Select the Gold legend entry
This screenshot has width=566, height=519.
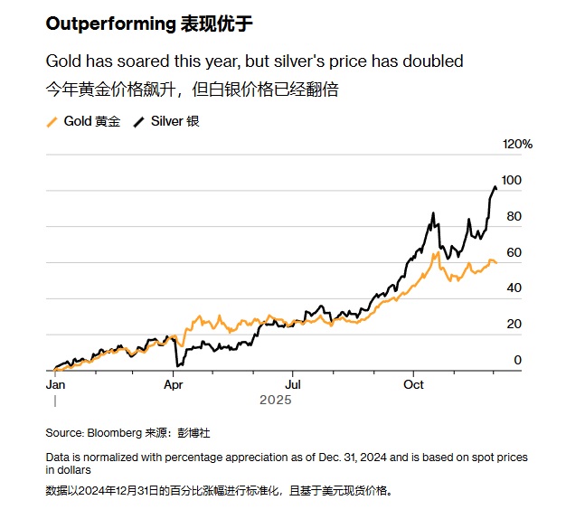pyautogui.click(x=90, y=120)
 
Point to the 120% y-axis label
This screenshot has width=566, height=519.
pyautogui.click(x=518, y=145)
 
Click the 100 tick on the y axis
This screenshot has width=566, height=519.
pyautogui.click(x=512, y=181)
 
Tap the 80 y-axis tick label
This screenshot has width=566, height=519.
pyautogui.click(x=514, y=217)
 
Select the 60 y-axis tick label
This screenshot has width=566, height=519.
pyautogui.click(x=514, y=252)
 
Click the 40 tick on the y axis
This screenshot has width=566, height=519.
pyautogui.click(x=514, y=288)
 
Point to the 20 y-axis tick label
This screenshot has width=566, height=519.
pyautogui.click(x=514, y=325)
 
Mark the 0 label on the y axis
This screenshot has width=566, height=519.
pyautogui.click(x=517, y=361)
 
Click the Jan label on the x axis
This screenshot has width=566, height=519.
pyautogui.click(x=55, y=384)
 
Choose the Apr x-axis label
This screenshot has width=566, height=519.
pyautogui.click(x=175, y=384)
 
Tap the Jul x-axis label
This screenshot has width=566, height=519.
pyautogui.click(x=293, y=384)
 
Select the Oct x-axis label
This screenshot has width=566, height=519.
pyautogui.click(x=413, y=384)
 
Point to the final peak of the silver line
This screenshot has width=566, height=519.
pyautogui.click(x=495, y=186)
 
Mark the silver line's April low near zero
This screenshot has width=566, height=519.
pyautogui.click(x=178, y=365)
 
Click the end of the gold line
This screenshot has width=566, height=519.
pyautogui.click(x=496, y=263)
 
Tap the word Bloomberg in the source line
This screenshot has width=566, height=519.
pyautogui.click(x=114, y=432)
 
